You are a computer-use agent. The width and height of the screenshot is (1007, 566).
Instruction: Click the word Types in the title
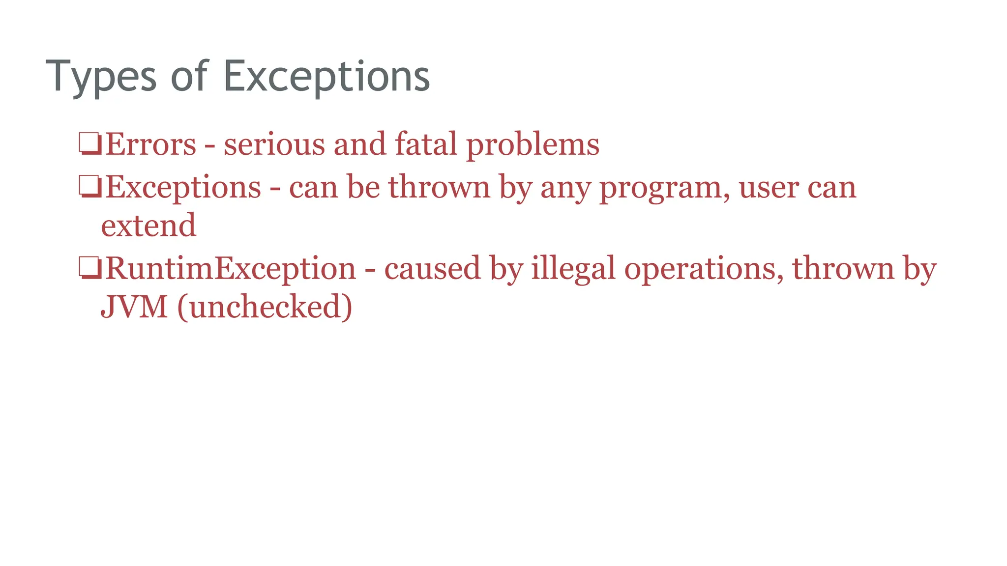(x=101, y=77)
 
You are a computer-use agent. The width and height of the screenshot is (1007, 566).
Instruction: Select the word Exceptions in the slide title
(x=326, y=77)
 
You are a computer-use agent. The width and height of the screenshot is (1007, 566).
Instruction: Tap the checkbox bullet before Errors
(x=90, y=144)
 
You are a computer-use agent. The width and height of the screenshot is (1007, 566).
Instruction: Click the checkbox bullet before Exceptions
(x=90, y=187)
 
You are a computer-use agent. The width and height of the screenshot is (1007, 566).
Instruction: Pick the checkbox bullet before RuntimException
(x=90, y=268)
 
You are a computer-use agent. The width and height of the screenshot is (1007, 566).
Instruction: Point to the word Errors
(x=150, y=144)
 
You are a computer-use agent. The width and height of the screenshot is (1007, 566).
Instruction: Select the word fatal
(x=426, y=144)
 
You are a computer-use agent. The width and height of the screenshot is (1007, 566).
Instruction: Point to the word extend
(x=148, y=226)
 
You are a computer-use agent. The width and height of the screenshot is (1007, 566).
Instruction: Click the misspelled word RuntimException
(x=231, y=269)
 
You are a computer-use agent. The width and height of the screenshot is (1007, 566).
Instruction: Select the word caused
(x=432, y=269)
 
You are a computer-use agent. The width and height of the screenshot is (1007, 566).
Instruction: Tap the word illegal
(x=573, y=269)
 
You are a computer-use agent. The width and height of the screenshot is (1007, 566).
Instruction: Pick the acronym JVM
(x=134, y=307)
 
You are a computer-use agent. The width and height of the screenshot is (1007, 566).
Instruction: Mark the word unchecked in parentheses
(x=265, y=307)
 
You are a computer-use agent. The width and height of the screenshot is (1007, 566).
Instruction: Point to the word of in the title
(x=190, y=77)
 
